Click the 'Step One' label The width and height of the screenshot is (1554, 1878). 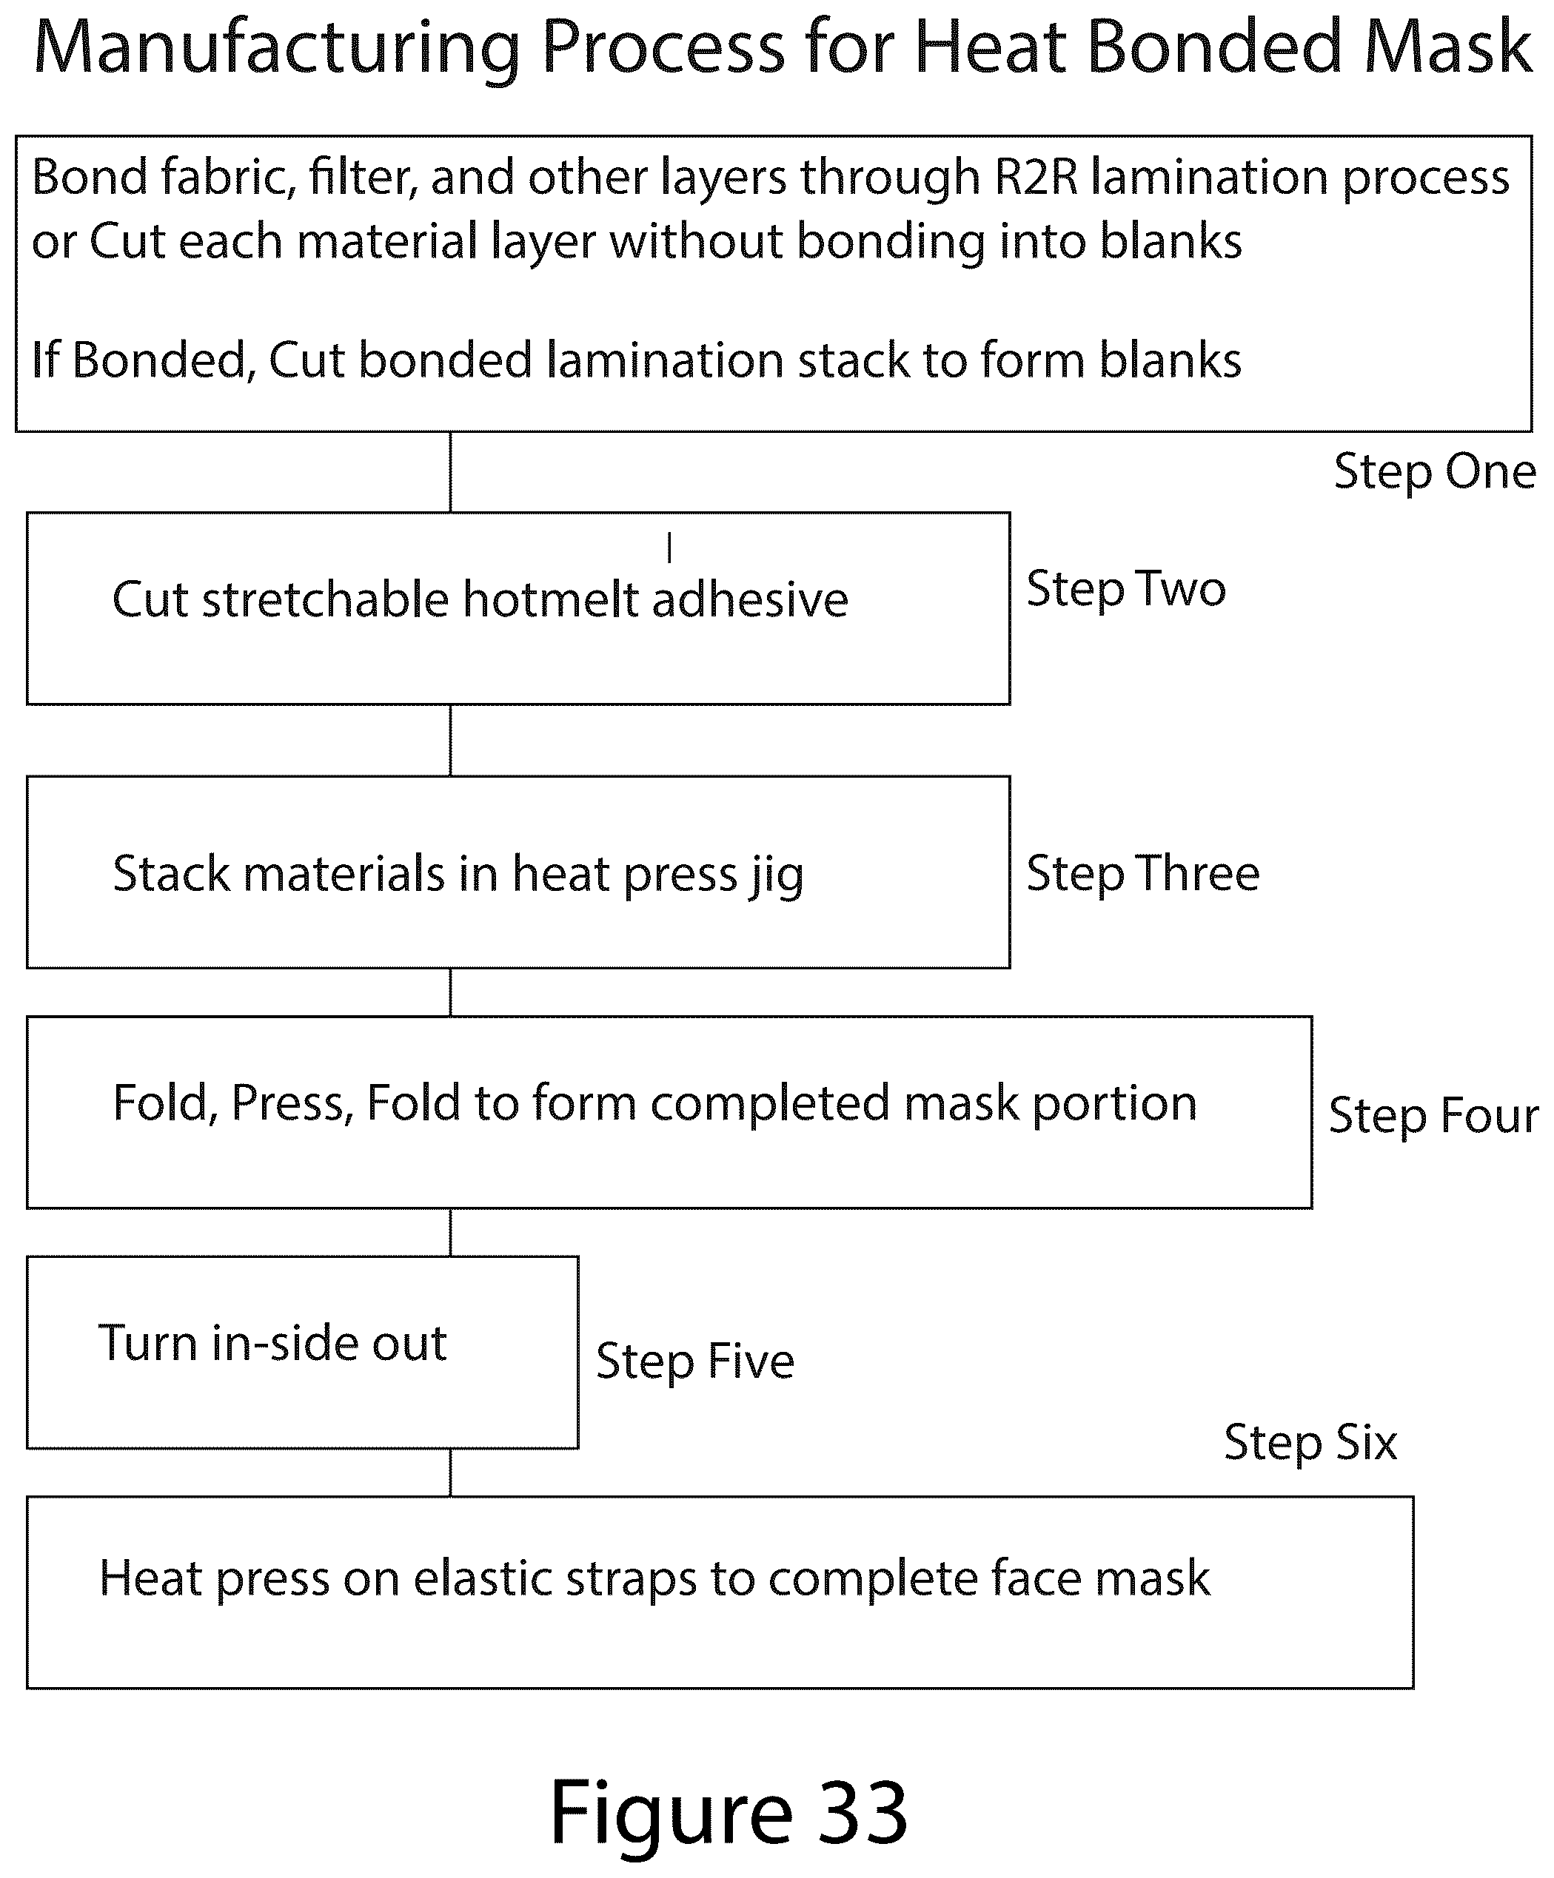(1434, 471)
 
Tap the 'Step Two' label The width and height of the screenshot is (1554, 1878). (1125, 588)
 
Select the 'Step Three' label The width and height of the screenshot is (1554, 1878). (1142, 873)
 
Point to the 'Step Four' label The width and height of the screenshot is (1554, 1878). (1433, 1115)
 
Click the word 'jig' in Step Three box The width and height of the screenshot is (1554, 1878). (777, 875)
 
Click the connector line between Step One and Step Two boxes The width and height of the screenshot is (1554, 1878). (450, 472)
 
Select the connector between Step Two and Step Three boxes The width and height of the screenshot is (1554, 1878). (450, 741)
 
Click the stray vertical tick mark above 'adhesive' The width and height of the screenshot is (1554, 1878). (669, 548)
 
